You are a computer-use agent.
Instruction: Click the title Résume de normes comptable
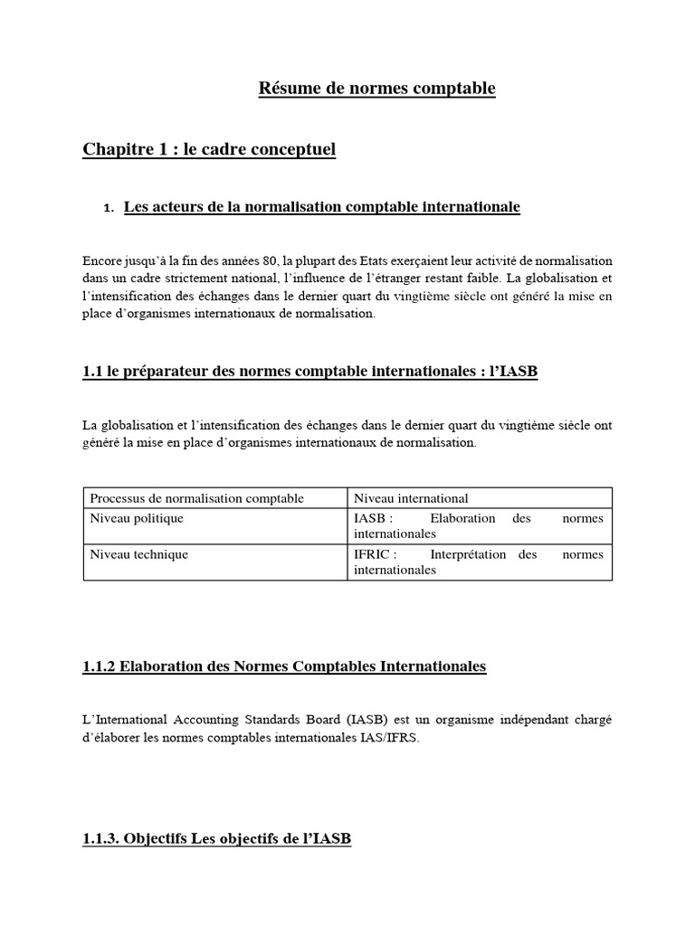coord(377,89)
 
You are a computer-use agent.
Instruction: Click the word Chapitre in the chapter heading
coord(116,149)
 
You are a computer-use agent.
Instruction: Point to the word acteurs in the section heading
coord(173,207)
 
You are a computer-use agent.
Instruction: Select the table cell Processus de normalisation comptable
coord(196,498)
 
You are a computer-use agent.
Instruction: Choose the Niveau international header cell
coord(411,498)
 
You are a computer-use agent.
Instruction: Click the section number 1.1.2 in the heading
coord(101,666)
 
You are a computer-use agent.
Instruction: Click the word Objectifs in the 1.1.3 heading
coord(155,839)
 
